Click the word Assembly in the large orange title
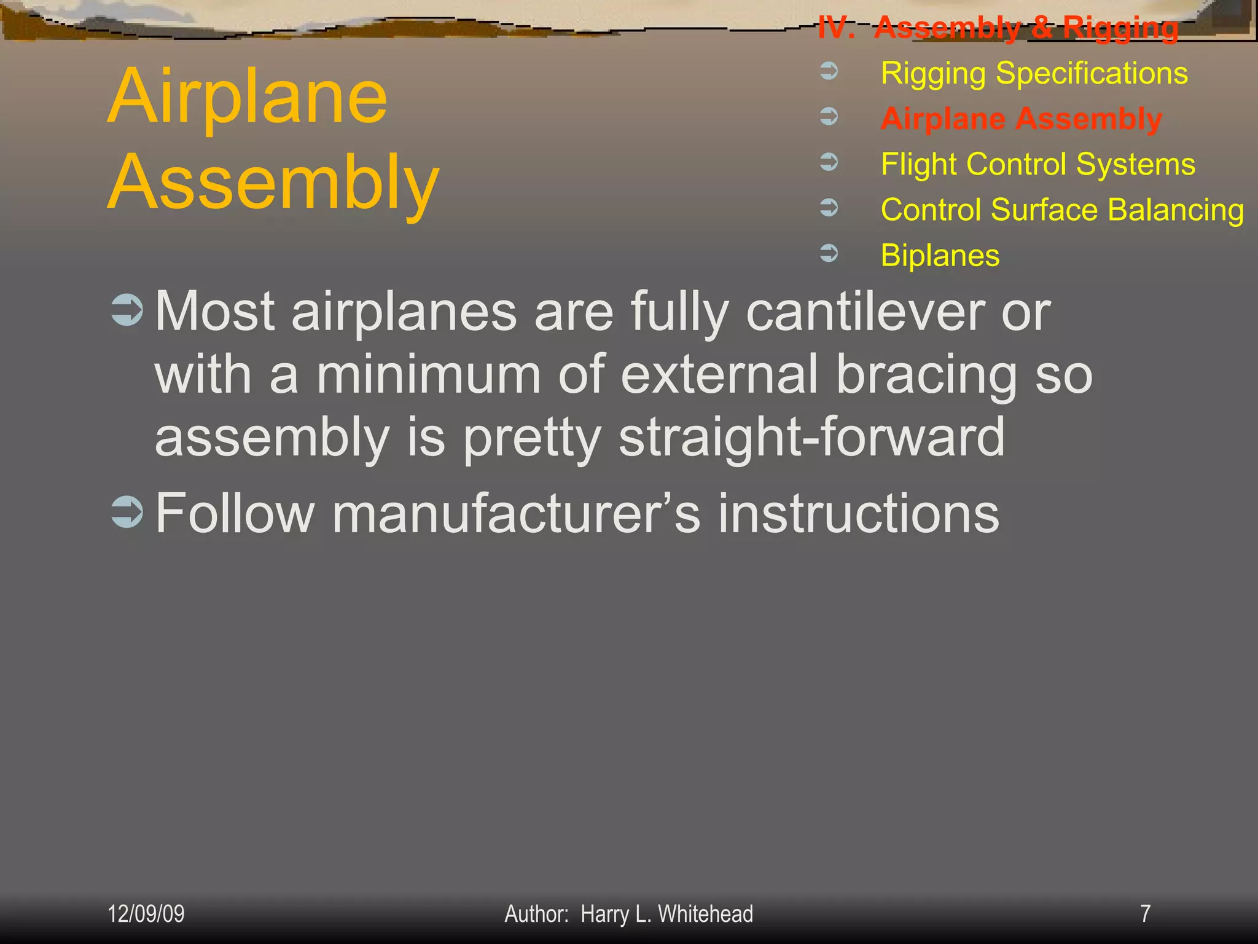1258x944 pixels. click(273, 183)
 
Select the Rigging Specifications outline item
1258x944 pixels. click(1034, 74)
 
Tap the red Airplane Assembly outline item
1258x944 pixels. click(1021, 119)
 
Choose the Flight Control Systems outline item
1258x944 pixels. click(1037, 165)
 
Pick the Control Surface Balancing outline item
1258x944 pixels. click(1062, 210)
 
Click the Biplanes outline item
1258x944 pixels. click(940, 256)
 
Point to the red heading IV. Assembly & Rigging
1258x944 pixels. click(998, 28)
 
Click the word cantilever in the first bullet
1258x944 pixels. click(864, 312)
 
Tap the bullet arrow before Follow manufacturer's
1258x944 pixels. click(127, 511)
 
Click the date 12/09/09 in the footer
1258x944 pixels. click(146, 914)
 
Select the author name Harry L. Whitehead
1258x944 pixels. click(666, 914)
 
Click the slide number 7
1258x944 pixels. click(1145, 914)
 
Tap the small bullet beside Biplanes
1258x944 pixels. click(829, 253)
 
